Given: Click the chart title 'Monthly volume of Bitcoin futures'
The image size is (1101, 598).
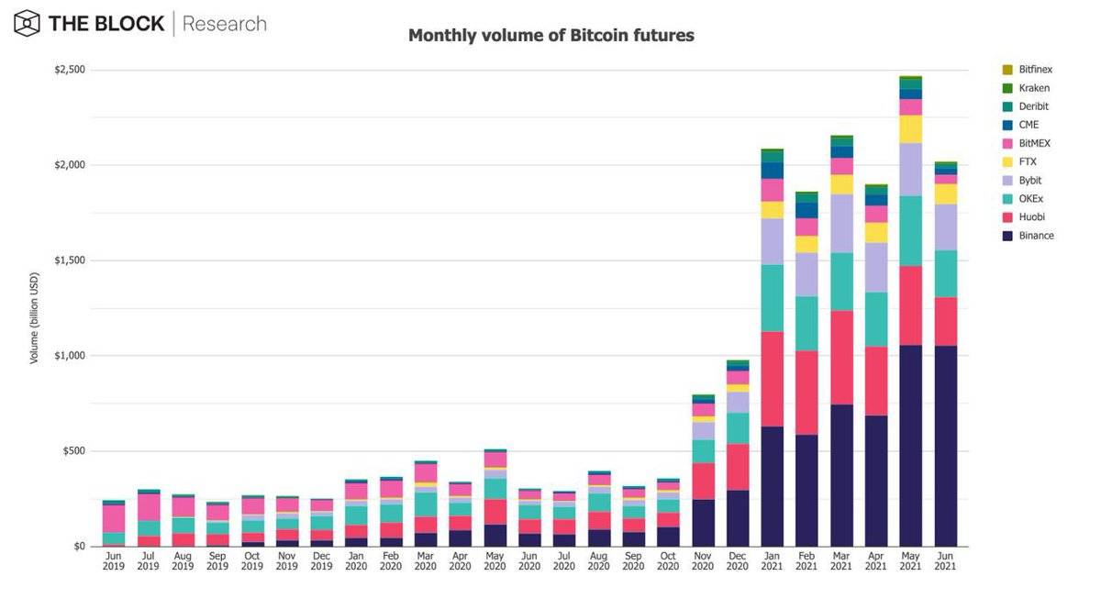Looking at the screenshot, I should pyautogui.click(x=550, y=36).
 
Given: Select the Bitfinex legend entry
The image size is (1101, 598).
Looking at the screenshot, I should pyautogui.click(x=1034, y=70).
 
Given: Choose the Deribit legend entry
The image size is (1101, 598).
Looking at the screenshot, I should pyautogui.click(x=1033, y=106).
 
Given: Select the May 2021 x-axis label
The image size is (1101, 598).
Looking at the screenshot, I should pyautogui.click(x=910, y=560).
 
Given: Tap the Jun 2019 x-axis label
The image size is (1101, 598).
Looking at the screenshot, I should pyautogui.click(x=113, y=560).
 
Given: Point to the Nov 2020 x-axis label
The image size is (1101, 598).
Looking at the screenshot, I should pyautogui.click(x=703, y=560).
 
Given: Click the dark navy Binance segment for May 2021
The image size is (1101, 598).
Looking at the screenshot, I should pyautogui.click(x=910, y=446).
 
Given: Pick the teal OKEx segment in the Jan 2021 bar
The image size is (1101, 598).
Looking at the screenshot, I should pyautogui.click(x=772, y=298).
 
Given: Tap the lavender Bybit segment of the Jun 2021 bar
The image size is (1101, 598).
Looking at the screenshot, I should pyautogui.click(x=945, y=227).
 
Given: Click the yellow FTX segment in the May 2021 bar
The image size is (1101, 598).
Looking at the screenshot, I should pyautogui.click(x=910, y=129).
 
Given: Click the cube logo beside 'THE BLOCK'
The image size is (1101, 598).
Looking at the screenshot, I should pyautogui.click(x=28, y=23).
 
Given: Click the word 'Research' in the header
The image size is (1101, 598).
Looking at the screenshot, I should pyautogui.click(x=225, y=24).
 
